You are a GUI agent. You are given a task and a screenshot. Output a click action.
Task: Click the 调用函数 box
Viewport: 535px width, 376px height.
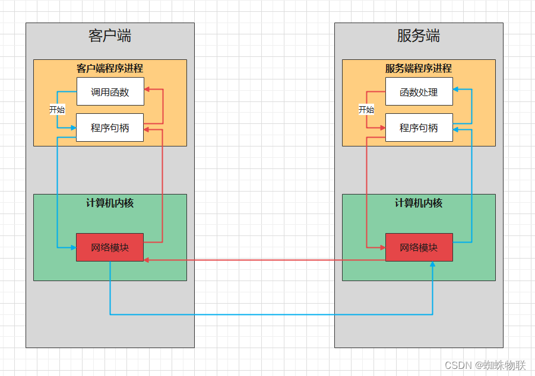(110, 91)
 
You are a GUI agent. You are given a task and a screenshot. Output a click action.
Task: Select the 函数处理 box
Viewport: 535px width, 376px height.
(419, 91)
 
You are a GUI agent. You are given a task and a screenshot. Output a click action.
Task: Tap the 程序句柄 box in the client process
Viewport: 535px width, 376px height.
(110, 128)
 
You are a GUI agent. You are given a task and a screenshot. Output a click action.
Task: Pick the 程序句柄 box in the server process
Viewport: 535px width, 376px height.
(419, 128)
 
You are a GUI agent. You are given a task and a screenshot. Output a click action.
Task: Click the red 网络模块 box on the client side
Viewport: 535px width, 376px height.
(110, 247)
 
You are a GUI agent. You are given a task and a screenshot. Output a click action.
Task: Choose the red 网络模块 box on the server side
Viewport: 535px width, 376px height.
(419, 247)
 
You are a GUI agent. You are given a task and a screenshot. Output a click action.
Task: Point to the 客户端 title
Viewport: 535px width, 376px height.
(110, 36)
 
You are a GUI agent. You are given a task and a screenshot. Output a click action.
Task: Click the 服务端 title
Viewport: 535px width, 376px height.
(419, 36)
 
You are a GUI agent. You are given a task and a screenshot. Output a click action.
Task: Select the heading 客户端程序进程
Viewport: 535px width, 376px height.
(110, 69)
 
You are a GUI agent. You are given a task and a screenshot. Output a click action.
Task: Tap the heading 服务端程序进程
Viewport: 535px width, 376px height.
(419, 69)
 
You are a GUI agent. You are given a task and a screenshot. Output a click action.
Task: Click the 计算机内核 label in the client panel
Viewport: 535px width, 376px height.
(110, 203)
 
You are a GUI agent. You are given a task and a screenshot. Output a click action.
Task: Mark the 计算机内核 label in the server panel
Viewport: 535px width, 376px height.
(419, 203)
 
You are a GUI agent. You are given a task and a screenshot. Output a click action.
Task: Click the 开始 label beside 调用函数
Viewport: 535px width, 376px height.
(57, 110)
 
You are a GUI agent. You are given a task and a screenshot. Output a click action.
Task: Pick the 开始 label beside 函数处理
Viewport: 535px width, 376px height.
(366, 110)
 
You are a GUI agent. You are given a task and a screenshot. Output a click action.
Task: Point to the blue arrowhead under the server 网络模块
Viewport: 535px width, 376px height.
(433, 264)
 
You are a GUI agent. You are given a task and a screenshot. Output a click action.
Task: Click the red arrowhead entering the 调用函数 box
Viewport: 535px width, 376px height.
(147, 90)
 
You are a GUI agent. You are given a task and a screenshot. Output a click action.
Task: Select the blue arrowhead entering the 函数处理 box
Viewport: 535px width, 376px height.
(455, 90)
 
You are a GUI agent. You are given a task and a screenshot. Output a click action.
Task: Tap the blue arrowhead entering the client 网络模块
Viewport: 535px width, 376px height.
(74, 247)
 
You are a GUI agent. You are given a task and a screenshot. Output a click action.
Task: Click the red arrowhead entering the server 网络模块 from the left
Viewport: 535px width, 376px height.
(383, 247)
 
